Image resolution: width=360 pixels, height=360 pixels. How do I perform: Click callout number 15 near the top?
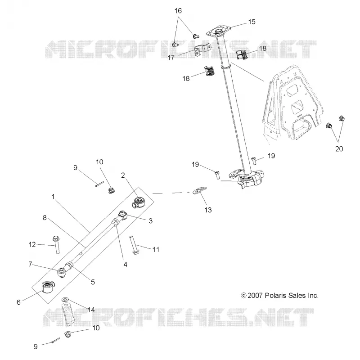point(252,22)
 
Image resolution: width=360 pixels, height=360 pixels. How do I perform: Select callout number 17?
point(171,58)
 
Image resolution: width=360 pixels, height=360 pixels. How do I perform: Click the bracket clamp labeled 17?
point(203,49)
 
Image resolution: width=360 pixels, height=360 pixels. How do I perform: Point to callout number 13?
point(208,210)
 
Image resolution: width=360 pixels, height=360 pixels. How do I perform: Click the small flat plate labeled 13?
point(199,190)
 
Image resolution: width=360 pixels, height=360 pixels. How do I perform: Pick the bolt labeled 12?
point(56,244)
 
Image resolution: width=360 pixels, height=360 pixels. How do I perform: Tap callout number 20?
point(339,149)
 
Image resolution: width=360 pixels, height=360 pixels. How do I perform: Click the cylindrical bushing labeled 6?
point(48,287)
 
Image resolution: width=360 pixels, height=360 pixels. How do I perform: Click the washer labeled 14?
point(66,300)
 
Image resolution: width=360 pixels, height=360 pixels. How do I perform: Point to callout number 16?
point(178,11)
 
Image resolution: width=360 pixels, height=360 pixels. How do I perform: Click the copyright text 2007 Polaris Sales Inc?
point(279,295)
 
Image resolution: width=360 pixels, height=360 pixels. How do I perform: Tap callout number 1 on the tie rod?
point(53,197)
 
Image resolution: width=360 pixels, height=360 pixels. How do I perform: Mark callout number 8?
point(45,217)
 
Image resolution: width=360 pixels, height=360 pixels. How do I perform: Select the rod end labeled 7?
point(61,272)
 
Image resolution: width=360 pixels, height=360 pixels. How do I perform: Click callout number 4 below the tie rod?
point(125,265)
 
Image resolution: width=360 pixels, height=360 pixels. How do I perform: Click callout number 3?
point(150,220)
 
